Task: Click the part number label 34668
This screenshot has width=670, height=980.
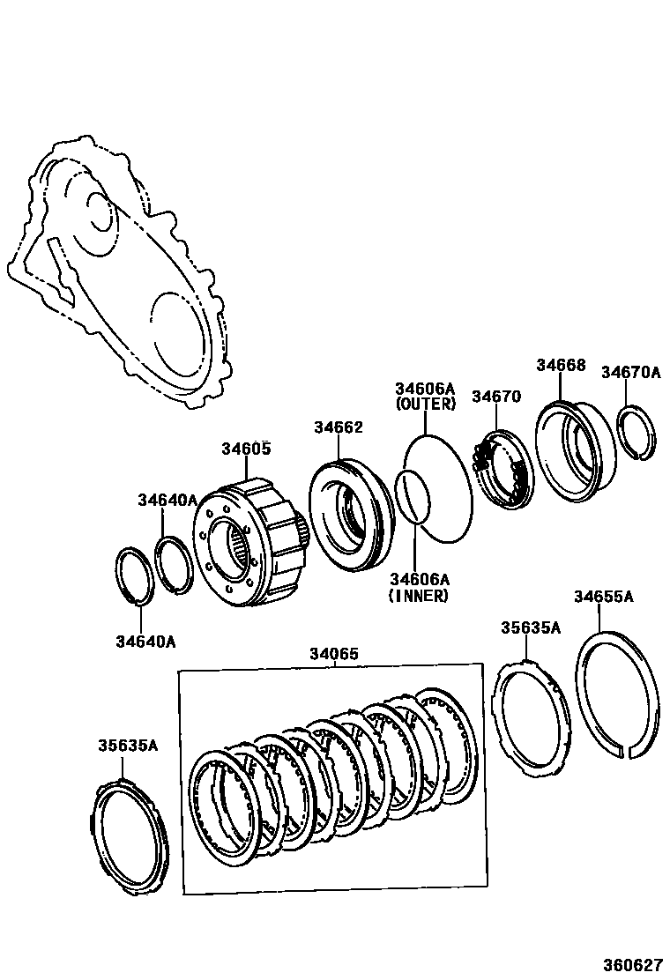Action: pos(561,365)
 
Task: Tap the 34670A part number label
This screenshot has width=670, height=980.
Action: pos(630,372)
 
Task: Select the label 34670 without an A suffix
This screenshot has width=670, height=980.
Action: pos(496,397)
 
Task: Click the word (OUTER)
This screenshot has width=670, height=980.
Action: pos(425,405)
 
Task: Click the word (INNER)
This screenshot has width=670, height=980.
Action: pos(418,596)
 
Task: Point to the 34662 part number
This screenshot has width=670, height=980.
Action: pos(338,427)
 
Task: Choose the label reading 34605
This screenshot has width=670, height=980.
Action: pos(246,449)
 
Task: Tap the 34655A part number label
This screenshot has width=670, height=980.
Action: pos(604,597)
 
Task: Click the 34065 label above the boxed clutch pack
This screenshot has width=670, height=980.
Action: pos(334,654)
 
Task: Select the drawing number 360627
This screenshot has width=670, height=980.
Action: pos(632,964)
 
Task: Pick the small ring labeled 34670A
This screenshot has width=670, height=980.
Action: pos(637,432)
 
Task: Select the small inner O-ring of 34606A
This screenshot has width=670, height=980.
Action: pos(412,495)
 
